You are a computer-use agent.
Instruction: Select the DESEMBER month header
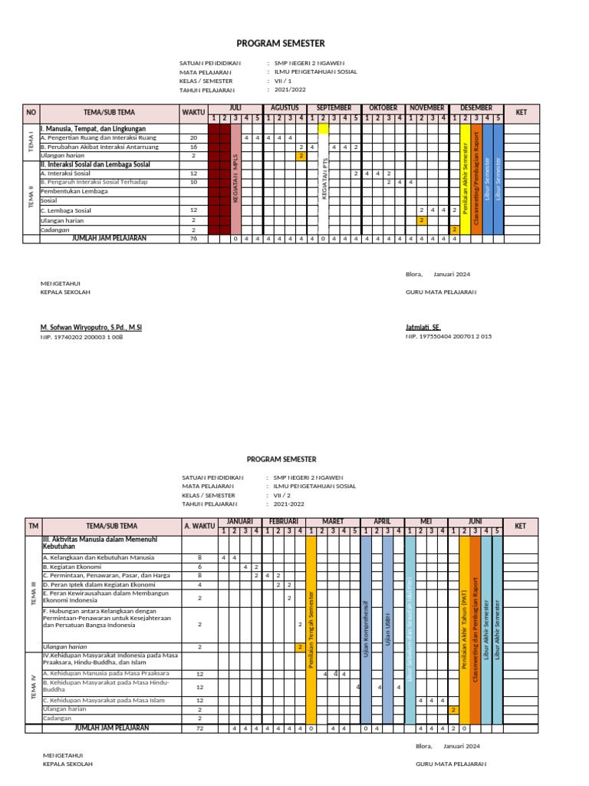tap(476, 108)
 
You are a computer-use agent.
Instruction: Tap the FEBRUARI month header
tap(285, 521)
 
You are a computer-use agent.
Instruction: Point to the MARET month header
tap(333, 521)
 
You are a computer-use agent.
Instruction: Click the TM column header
tap(33, 526)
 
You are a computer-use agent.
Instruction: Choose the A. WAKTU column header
tap(199, 526)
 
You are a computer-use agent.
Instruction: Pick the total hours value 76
tap(194, 239)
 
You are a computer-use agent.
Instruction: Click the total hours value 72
tap(199, 728)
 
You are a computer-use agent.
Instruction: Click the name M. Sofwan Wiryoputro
tap(90, 328)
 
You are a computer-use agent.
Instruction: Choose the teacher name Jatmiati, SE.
tap(423, 328)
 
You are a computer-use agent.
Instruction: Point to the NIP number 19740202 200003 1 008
tap(81, 337)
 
